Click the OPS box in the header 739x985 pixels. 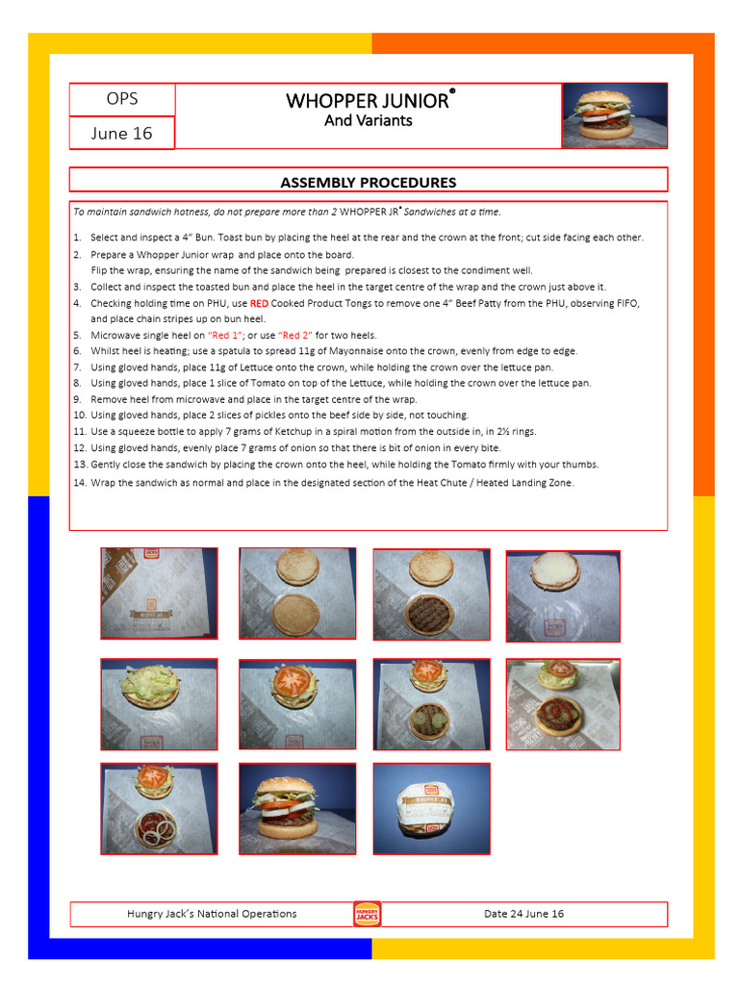122,99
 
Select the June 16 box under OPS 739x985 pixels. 122,134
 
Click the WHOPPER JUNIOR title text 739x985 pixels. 368,101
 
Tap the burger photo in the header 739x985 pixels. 614,115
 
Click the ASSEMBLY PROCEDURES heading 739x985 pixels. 368,182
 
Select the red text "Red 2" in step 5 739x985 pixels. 295,336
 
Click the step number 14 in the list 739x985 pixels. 80,483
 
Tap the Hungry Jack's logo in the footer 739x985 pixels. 367,914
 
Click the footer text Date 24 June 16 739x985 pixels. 523,914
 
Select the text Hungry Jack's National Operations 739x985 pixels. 212,914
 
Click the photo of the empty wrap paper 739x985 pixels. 159,594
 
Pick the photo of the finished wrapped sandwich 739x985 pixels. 431,808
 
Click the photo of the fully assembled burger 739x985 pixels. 297,808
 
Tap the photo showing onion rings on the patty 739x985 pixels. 159,808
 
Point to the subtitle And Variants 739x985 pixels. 368,121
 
